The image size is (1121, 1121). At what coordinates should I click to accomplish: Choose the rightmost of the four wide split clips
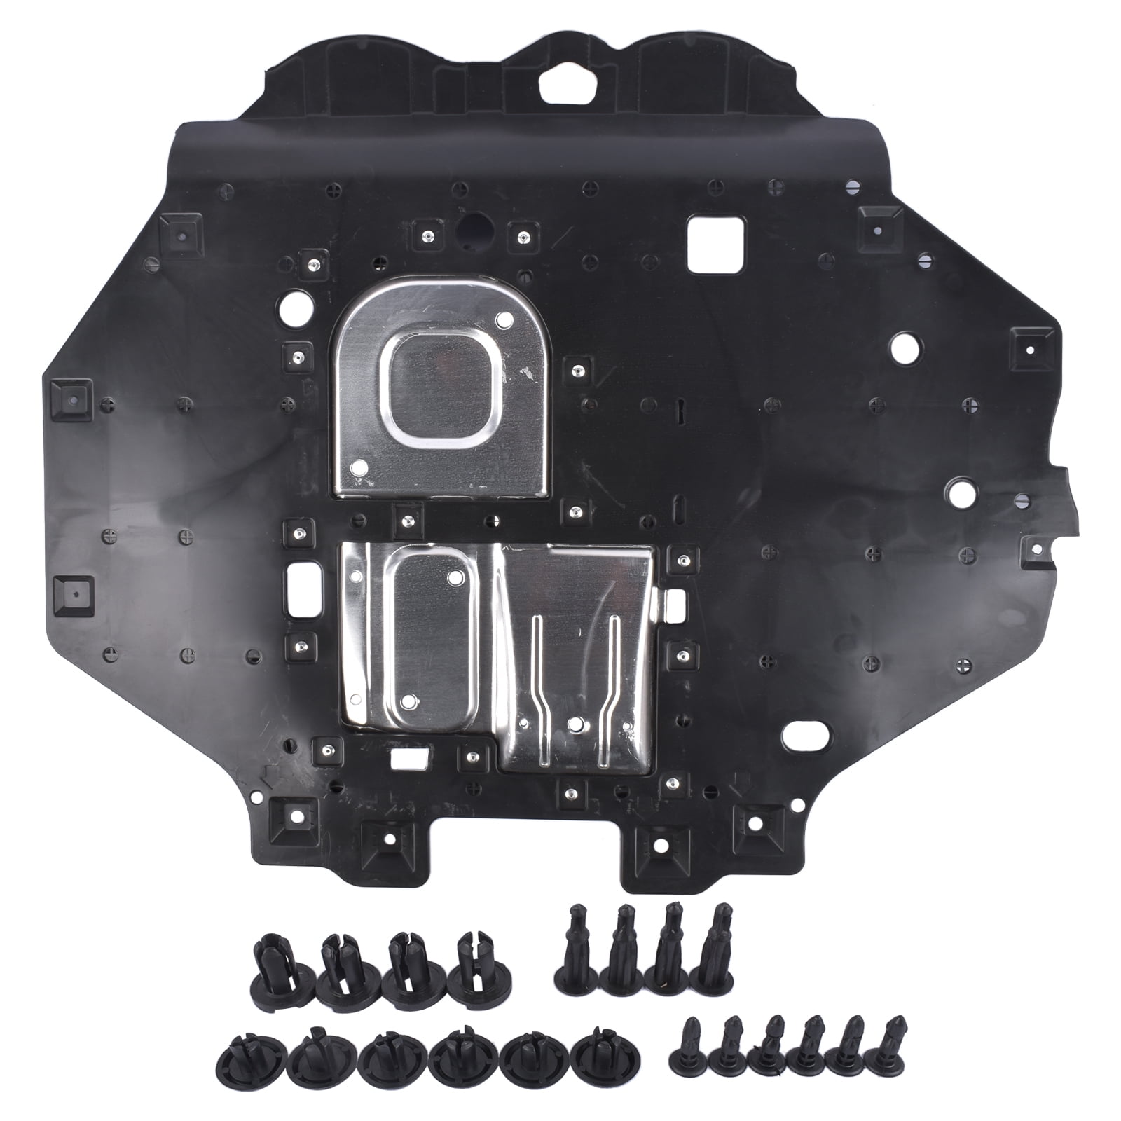pyautogui.click(x=482, y=974)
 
